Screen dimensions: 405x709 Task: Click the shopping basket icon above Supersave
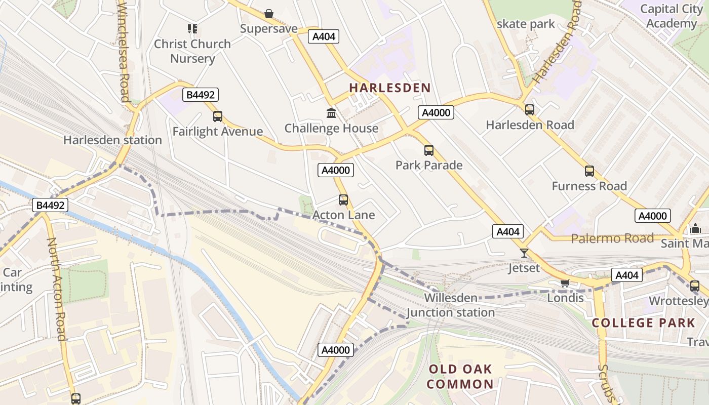pos(269,14)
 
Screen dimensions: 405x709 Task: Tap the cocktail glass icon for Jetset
pos(524,253)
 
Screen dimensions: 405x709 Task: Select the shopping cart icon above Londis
pos(565,283)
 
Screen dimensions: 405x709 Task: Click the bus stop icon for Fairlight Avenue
pos(218,116)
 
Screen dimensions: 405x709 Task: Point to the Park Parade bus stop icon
pos(429,150)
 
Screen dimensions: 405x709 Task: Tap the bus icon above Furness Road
pos(589,171)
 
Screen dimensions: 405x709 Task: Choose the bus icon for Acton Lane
pos(343,200)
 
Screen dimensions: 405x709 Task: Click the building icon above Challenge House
pos(331,113)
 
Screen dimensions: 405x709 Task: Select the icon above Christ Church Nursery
pos(192,29)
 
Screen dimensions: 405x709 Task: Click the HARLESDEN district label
pos(390,88)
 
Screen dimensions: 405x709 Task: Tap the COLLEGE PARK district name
pos(643,322)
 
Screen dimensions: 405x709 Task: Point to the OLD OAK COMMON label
pos(460,376)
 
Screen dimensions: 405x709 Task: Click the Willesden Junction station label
pos(451,305)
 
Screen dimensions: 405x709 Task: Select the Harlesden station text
pos(112,140)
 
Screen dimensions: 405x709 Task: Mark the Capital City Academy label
pos(672,16)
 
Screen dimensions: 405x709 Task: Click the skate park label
pos(526,24)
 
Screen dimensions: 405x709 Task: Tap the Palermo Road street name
pos(612,238)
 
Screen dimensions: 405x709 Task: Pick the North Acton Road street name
pos(57,289)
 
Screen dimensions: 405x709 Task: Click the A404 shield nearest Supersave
pos(324,36)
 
